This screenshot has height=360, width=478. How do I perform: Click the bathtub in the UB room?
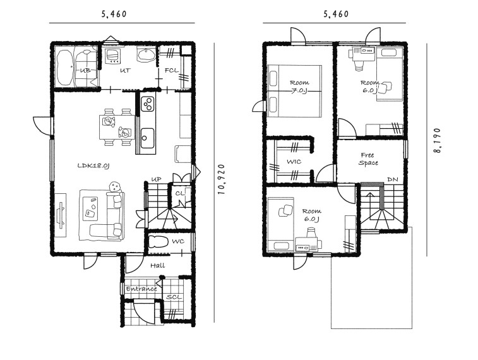tap(65, 67)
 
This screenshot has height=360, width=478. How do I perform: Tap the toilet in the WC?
tap(159, 242)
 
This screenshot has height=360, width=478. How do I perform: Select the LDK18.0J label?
tap(93, 166)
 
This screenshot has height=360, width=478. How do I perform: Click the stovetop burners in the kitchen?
tap(148, 104)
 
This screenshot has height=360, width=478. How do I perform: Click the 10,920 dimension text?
tap(222, 179)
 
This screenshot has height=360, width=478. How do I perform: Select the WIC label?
tap(294, 162)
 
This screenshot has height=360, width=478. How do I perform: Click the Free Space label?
tap(368, 159)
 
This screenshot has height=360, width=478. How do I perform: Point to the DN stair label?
tap(393, 179)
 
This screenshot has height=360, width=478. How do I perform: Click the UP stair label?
tap(157, 179)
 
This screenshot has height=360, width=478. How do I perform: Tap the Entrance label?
tap(141, 289)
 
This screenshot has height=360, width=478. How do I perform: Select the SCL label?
tap(174, 297)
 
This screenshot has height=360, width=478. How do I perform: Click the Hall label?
tap(158, 265)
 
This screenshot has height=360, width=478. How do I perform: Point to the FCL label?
tap(172, 70)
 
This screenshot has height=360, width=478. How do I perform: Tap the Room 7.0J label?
tap(299, 87)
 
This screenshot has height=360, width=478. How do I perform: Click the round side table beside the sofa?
tap(114, 186)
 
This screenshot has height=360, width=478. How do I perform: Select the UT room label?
tap(125, 70)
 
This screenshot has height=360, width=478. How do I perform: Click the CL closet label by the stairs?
tap(180, 193)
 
